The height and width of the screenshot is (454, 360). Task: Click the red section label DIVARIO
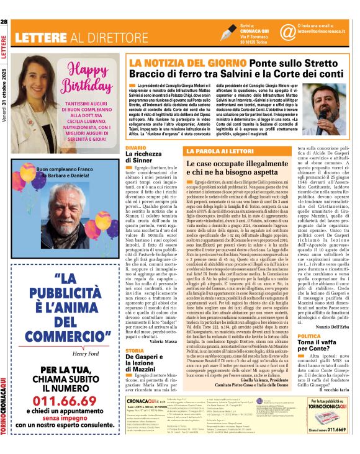point(135,148)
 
